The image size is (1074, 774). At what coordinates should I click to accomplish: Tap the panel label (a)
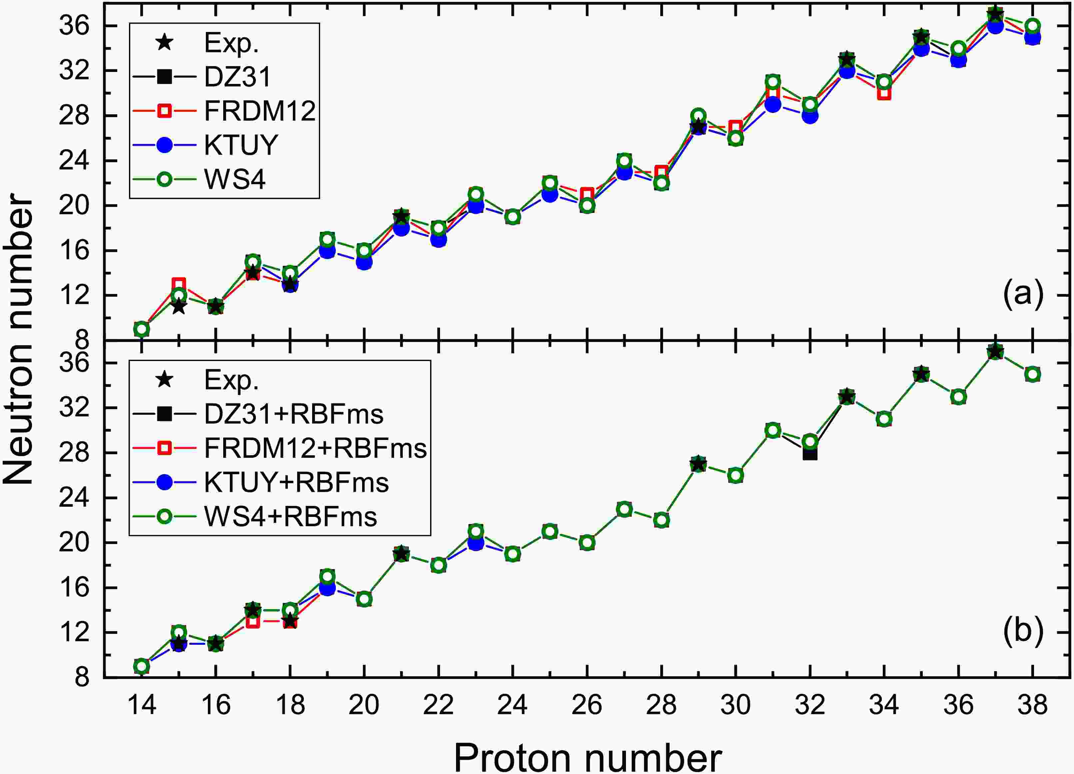[x=1023, y=294]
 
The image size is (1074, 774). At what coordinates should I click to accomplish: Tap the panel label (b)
[x=1023, y=631]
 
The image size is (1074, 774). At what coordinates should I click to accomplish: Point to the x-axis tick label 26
[x=587, y=705]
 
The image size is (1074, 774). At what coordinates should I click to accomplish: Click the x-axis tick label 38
[x=1033, y=705]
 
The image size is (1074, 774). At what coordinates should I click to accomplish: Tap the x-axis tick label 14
[x=142, y=705]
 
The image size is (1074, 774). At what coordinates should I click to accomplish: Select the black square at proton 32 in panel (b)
[x=810, y=454]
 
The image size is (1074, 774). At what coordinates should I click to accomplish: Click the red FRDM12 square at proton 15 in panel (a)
[x=179, y=284]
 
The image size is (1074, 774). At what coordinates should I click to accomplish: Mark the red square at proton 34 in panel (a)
[x=884, y=93]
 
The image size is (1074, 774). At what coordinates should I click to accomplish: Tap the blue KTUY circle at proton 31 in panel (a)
[x=773, y=104]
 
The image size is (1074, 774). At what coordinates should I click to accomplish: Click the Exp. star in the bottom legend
[x=164, y=380]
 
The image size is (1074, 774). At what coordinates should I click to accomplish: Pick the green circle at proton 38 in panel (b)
[x=1033, y=374]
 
